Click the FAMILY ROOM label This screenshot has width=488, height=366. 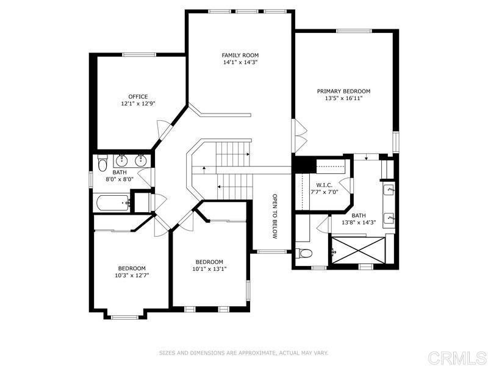click(240, 56)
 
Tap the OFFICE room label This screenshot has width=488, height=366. click(138, 96)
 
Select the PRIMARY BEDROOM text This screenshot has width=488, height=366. click(343, 91)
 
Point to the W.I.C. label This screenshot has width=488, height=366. click(324, 185)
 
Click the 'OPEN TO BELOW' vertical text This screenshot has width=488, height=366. click(274, 217)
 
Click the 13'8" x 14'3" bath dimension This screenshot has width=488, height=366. click(359, 222)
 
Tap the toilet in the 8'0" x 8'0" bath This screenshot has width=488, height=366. click(102, 163)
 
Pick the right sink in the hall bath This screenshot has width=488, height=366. click(141, 162)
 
